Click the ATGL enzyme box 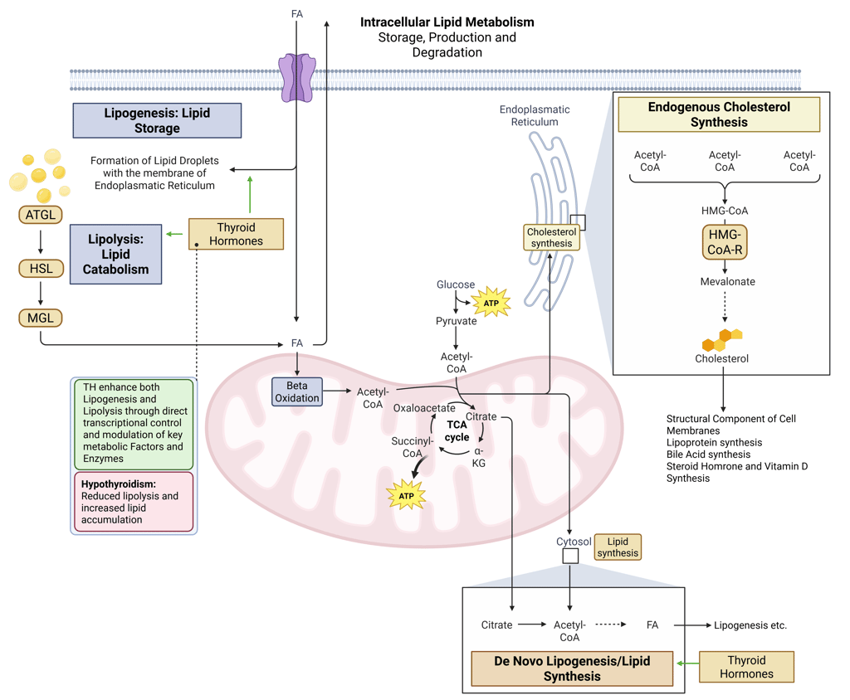pos(41,216)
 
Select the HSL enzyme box pos(41,267)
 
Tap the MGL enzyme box pos(41,317)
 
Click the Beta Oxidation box pos(297,391)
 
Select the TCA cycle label pos(457,430)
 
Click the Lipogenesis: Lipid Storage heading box pos(157,120)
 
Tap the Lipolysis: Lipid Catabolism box pos(115,254)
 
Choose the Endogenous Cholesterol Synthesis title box pos(719,114)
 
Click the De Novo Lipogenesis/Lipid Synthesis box pos(572,668)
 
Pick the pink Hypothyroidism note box pos(134,502)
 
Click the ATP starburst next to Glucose pos(491,303)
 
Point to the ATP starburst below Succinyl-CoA pos(407,496)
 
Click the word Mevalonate pos(727,281)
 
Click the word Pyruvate pos(456,321)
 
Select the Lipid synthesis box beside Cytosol pos(618,547)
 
